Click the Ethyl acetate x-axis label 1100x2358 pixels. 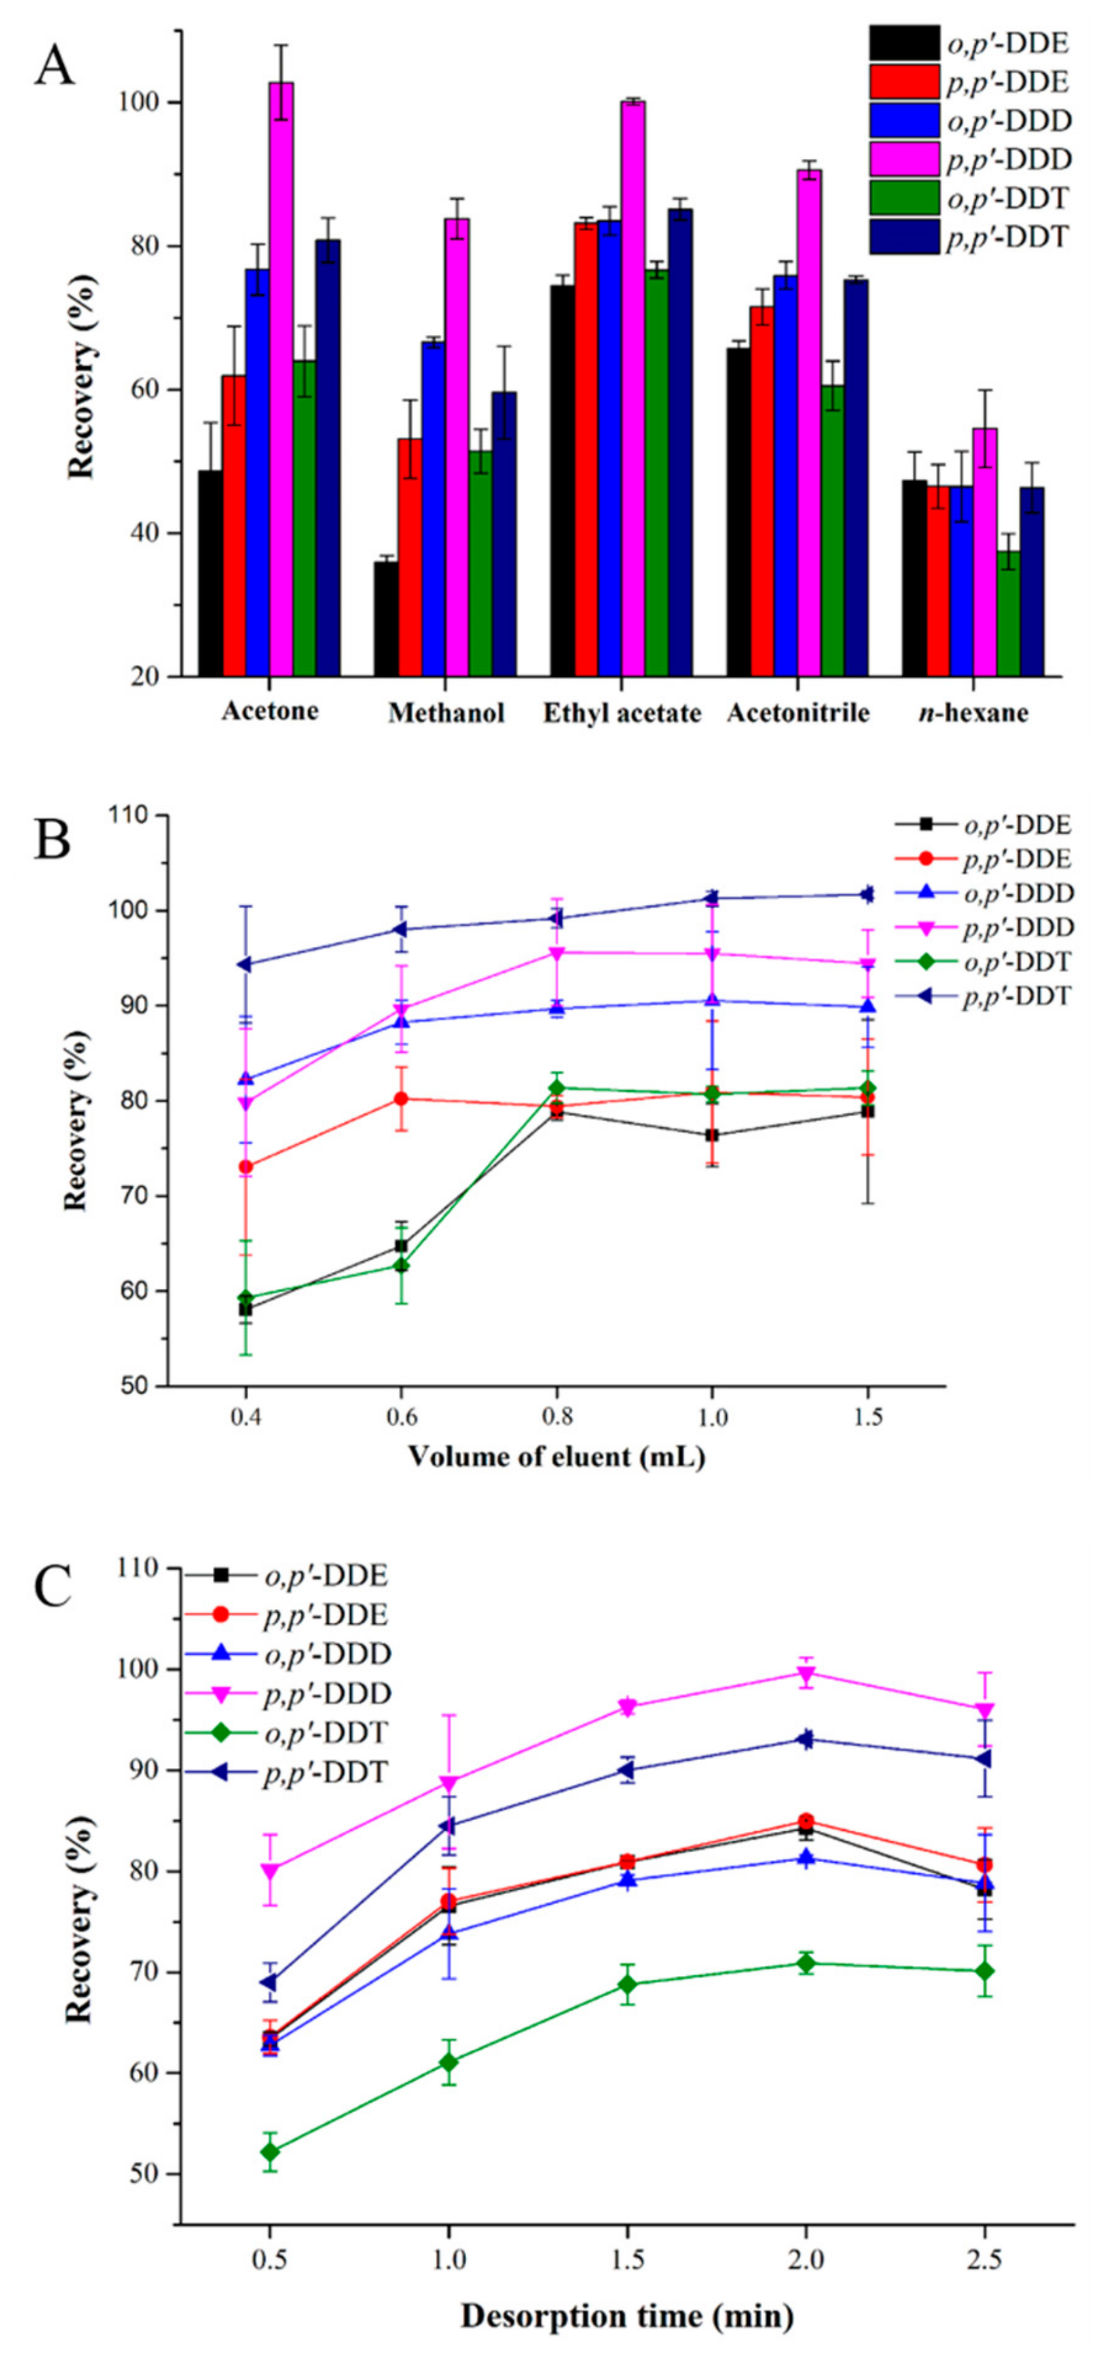[x=622, y=714]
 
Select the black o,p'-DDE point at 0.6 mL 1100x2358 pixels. [x=400, y=1246]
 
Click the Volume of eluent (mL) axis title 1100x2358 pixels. [x=556, y=1456]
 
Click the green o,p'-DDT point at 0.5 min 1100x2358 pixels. [x=269, y=2152]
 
